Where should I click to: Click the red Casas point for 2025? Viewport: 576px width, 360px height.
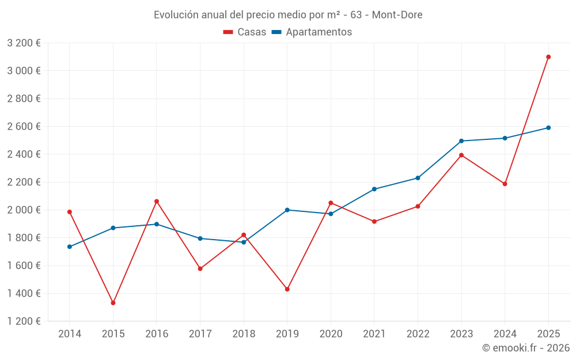pos(548,57)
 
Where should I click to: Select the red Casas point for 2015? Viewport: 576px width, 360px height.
pos(113,303)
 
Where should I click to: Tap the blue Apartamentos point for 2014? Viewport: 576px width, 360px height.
pos(70,247)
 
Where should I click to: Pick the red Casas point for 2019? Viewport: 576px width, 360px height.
pos(287,289)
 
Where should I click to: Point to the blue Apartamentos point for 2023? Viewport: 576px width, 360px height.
pos(461,141)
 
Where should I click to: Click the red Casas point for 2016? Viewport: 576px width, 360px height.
pos(157,202)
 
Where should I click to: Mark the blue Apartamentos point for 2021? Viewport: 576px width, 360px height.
pos(374,189)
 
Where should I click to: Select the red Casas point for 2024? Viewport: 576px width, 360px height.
pos(505,184)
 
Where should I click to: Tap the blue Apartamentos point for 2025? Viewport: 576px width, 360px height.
pos(548,128)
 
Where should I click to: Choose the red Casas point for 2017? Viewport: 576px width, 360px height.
pos(200,268)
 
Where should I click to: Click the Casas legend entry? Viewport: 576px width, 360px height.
pos(245,32)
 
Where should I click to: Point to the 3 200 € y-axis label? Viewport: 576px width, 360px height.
pos(24,43)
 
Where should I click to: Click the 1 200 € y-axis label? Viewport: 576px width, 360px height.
pos(24,321)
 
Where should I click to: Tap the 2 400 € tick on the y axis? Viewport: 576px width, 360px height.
pos(24,154)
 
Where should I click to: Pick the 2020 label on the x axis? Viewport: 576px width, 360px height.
pos(331,334)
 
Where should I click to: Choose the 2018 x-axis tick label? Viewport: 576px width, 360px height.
pos(244,334)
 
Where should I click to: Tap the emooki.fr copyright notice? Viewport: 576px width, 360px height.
pos(525,348)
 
